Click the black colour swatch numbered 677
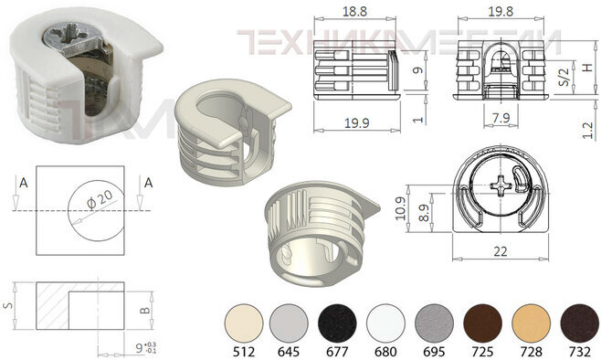pyautogui.click(x=337, y=324)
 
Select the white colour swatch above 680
pyautogui.click(x=385, y=324)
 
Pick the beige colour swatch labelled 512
pyautogui.click(x=244, y=324)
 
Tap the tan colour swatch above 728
pyautogui.click(x=532, y=324)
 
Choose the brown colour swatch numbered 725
pyautogui.click(x=482, y=324)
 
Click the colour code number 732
pyautogui.click(x=580, y=352)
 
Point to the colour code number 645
pyautogui.click(x=289, y=352)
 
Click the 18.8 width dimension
pyautogui.click(x=354, y=12)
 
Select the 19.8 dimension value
pyautogui.click(x=501, y=12)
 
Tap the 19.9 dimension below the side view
pyautogui.click(x=356, y=123)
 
